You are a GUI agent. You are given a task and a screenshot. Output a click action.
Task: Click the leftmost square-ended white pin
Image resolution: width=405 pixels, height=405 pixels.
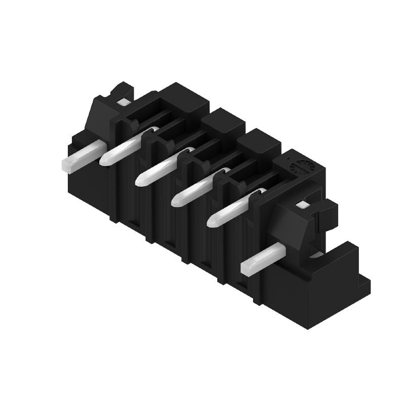pyautogui.click(x=84, y=154)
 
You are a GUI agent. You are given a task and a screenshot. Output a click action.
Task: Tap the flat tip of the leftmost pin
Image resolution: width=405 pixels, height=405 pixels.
pyautogui.click(x=66, y=164)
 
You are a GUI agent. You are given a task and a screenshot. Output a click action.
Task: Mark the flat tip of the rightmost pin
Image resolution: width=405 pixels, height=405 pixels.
pyautogui.click(x=247, y=268)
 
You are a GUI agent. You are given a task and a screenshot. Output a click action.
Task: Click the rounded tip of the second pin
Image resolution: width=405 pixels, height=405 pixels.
pyautogui.click(x=105, y=160)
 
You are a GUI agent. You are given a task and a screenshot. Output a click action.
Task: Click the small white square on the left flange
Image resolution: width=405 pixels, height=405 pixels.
pyautogui.click(x=122, y=102)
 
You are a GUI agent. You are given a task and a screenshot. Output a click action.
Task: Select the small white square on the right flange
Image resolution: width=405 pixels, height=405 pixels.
pyautogui.click(x=302, y=205)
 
